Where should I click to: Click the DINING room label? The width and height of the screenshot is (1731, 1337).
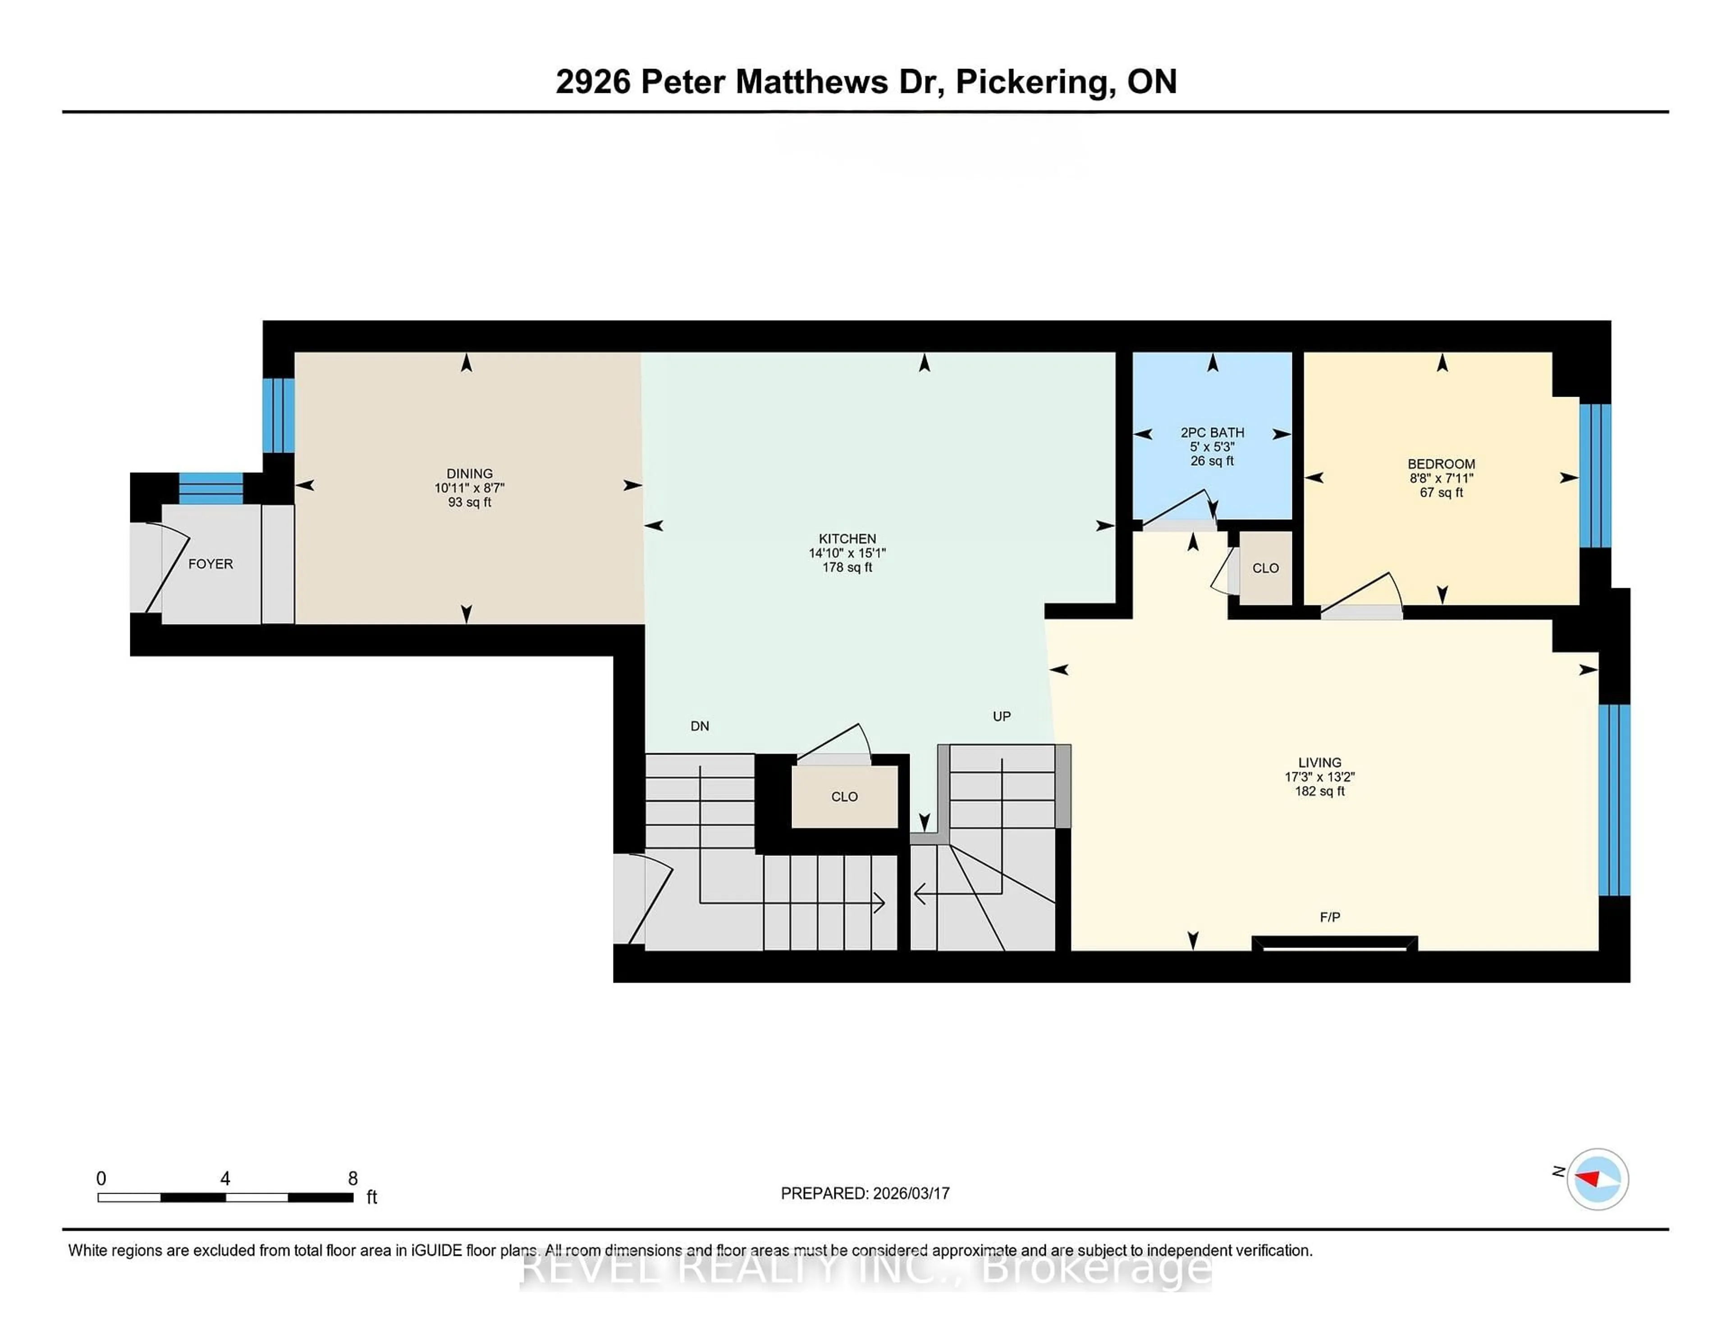[x=469, y=473]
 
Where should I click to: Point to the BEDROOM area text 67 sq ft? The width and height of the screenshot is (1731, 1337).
[x=1441, y=492]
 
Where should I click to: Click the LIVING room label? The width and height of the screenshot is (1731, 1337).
[x=1319, y=762]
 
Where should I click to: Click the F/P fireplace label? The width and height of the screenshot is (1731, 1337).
[x=1330, y=917]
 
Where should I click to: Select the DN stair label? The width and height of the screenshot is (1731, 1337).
[x=699, y=726]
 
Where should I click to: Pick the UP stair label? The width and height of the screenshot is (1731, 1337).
[x=1001, y=716]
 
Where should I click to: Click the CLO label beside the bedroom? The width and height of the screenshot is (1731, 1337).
[x=1265, y=568]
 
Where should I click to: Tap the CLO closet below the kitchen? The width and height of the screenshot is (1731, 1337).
[x=844, y=797]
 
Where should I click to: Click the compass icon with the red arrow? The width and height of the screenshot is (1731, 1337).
[x=1597, y=1178]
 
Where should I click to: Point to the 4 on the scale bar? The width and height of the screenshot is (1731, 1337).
[x=225, y=1178]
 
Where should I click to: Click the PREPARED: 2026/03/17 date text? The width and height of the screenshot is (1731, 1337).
[x=865, y=1193]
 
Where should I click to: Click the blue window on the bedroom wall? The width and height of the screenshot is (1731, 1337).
[x=1595, y=476]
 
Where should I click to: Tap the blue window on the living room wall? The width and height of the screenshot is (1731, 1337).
[x=1614, y=799]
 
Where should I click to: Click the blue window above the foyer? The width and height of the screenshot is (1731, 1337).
[x=211, y=488]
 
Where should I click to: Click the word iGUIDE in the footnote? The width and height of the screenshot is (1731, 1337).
[x=435, y=1250]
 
